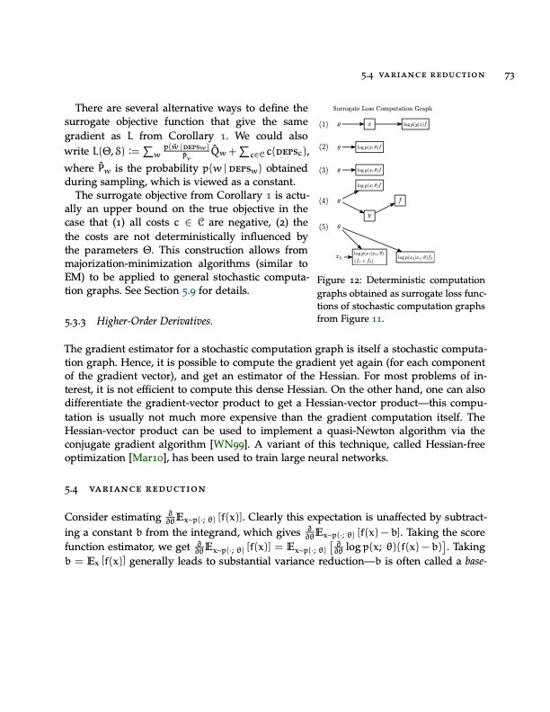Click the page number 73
click(509, 75)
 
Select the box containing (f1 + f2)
click(370, 259)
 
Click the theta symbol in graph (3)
click(338, 168)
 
